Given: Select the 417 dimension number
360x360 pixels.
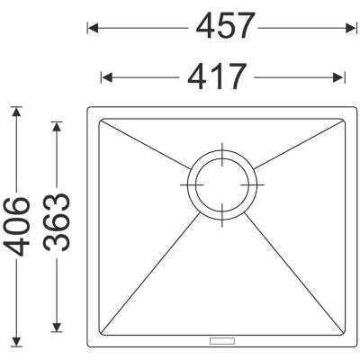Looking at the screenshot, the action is click(217, 76).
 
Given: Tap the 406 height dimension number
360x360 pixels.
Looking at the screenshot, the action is click(17, 226).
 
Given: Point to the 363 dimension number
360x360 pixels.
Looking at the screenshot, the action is click(57, 222).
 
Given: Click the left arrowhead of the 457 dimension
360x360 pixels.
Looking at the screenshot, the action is click(93, 29).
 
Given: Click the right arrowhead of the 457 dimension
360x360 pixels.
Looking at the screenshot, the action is click(350, 29).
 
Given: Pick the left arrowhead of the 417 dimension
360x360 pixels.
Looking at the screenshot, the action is click(106, 77).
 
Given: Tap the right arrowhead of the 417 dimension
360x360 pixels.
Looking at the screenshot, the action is click(337, 77).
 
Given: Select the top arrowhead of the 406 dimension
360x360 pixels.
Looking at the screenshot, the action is click(16, 112).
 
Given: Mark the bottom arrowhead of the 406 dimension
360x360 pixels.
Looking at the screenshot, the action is click(16, 342).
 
